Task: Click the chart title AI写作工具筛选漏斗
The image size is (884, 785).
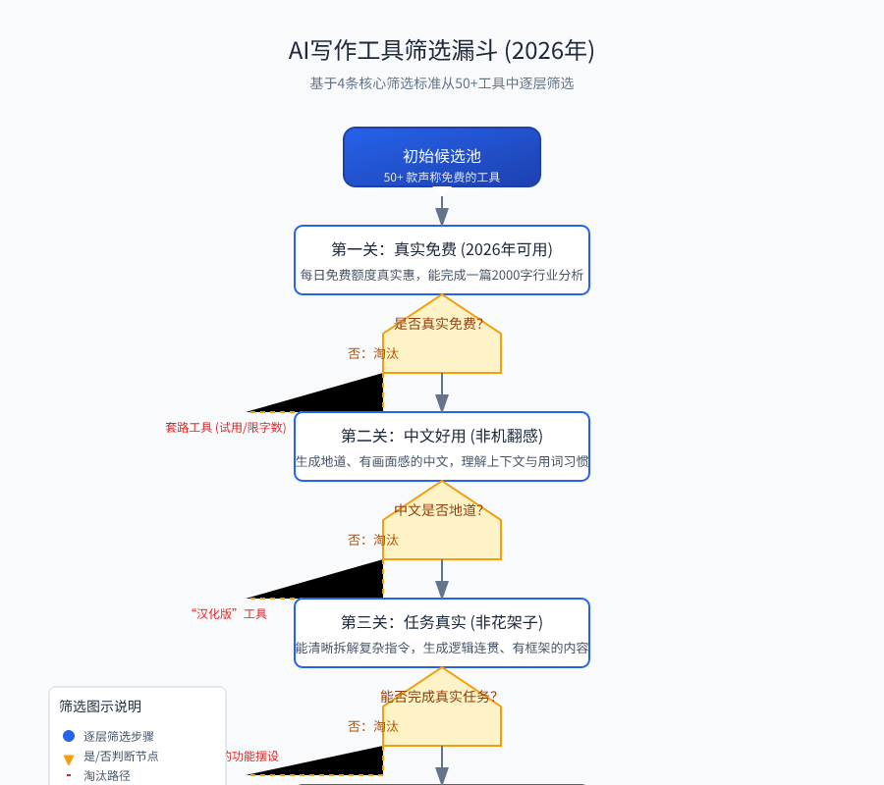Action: tap(441, 51)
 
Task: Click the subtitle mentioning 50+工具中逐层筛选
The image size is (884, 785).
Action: tap(441, 83)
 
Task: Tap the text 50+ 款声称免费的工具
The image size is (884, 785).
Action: tap(441, 178)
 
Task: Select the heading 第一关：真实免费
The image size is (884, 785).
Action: tap(441, 249)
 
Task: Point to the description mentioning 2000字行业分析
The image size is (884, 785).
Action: tap(441, 275)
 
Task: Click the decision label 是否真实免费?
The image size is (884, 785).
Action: tap(438, 324)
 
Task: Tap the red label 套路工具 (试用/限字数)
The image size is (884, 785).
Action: tap(226, 428)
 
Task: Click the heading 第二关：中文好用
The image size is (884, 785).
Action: tap(441, 436)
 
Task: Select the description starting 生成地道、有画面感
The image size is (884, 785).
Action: tap(441, 461)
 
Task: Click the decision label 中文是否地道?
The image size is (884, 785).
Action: tap(438, 510)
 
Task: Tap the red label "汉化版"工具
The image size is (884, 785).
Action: tap(229, 614)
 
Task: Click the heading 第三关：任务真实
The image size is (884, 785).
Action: tap(441, 622)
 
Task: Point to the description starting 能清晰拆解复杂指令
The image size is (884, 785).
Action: tap(441, 648)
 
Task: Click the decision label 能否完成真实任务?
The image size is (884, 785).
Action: tap(438, 697)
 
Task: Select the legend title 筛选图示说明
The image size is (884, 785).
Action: tap(100, 706)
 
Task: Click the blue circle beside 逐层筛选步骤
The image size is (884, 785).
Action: tap(69, 736)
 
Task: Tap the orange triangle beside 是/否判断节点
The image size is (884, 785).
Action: tap(69, 759)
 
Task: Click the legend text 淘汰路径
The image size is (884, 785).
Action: tap(106, 775)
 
